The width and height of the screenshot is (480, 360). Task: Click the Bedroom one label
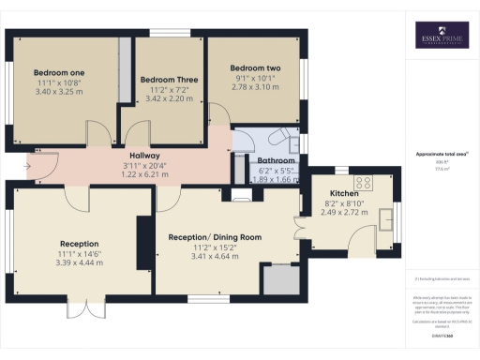coord(59,72)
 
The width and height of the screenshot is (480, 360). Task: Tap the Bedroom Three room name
coord(169,81)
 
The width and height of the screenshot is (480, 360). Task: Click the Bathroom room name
coord(277,160)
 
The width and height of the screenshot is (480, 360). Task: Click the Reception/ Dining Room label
coord(214,237)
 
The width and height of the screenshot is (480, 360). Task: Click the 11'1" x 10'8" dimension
coord(58,82)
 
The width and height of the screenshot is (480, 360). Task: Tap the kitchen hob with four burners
coord(365,183)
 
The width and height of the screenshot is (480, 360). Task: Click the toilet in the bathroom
coord(279,137)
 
